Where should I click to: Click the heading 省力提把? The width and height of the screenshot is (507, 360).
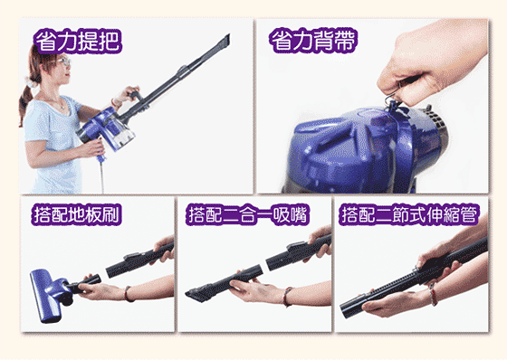[78, 41]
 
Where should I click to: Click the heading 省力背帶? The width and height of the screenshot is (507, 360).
[313, 41]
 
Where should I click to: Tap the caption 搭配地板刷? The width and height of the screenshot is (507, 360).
[77, 214]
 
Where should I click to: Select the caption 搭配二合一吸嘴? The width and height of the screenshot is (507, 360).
[248, 214]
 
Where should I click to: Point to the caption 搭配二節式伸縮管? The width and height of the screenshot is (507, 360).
[409, 214]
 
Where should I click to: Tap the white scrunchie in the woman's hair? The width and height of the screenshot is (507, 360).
[31, 82]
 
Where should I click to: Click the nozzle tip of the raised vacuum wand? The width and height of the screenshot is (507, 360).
[225, 41]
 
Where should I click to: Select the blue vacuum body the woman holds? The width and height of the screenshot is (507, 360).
[107, 131]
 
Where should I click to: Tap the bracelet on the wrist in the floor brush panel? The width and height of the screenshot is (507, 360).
[128, 294]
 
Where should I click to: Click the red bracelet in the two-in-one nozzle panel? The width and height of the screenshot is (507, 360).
[286, 297]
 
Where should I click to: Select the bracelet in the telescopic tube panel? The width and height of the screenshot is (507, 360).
[434, 294]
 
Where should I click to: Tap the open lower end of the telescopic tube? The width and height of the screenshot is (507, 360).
[345, 311]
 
